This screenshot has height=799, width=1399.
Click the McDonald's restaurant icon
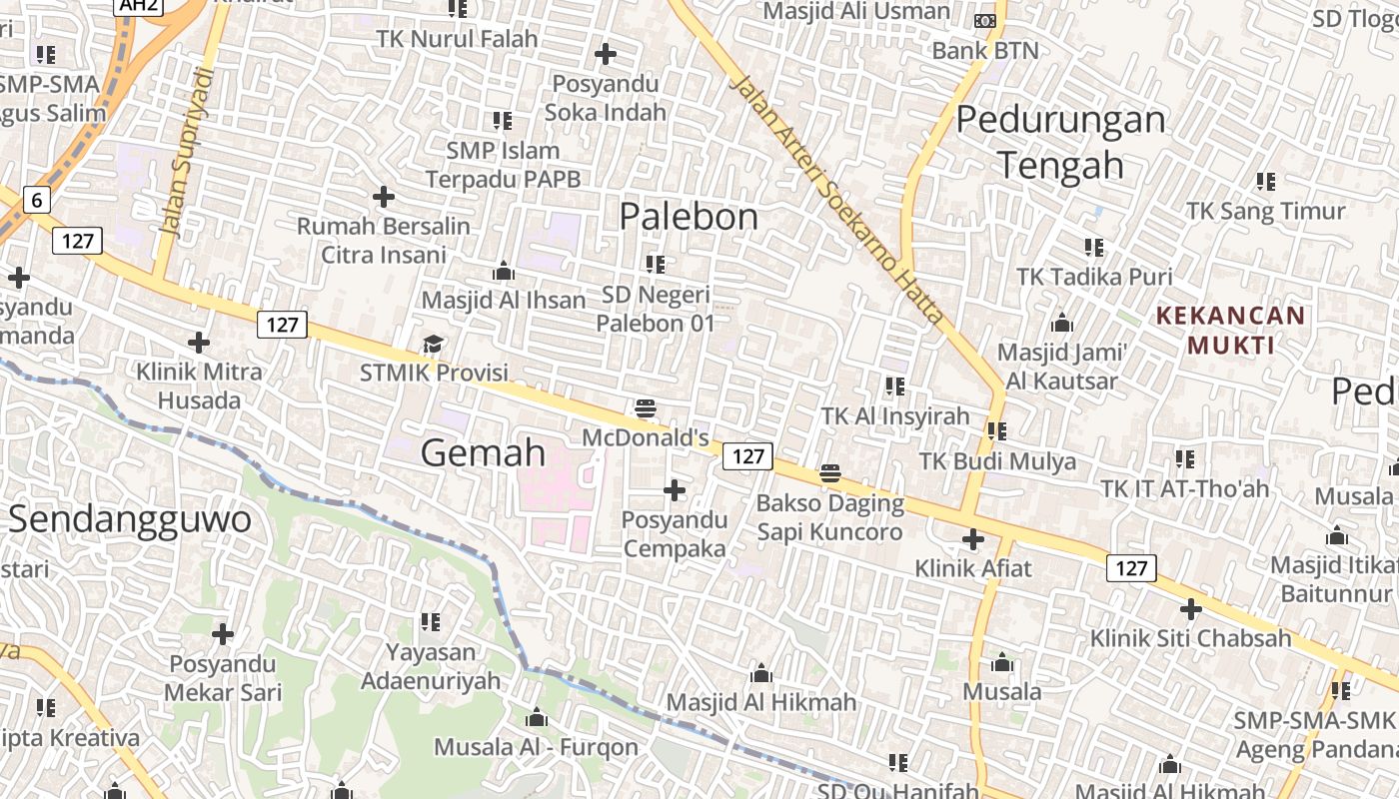click(646, 408)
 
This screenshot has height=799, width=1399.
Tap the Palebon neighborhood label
click(689, 216)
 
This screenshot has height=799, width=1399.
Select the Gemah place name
click(484, 452)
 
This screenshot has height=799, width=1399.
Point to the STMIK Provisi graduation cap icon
click(433, 345)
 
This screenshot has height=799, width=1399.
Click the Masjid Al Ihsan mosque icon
click(504, 271)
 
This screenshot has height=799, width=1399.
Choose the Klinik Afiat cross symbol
click(973, 539)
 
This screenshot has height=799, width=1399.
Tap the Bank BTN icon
click(984, 21)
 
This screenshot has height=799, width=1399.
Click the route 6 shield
click(37, 200)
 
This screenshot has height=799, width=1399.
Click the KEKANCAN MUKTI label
click(1230, 331)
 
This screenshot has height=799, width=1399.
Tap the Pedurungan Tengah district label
click(1060, 141)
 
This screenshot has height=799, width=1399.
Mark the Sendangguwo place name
click(130, 519)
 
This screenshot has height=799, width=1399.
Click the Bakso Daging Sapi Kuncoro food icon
click(830, 473)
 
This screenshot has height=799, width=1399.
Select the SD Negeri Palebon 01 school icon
click(656, 265)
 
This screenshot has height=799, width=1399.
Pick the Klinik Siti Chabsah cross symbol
click(1190, 608)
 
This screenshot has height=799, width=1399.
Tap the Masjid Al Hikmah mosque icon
click(761, 673)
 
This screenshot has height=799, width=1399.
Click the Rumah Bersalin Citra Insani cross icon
click(384, 197)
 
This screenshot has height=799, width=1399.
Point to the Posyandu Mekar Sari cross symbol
click(223, 634)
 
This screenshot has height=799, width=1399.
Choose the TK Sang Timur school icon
click(1266, 182)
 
